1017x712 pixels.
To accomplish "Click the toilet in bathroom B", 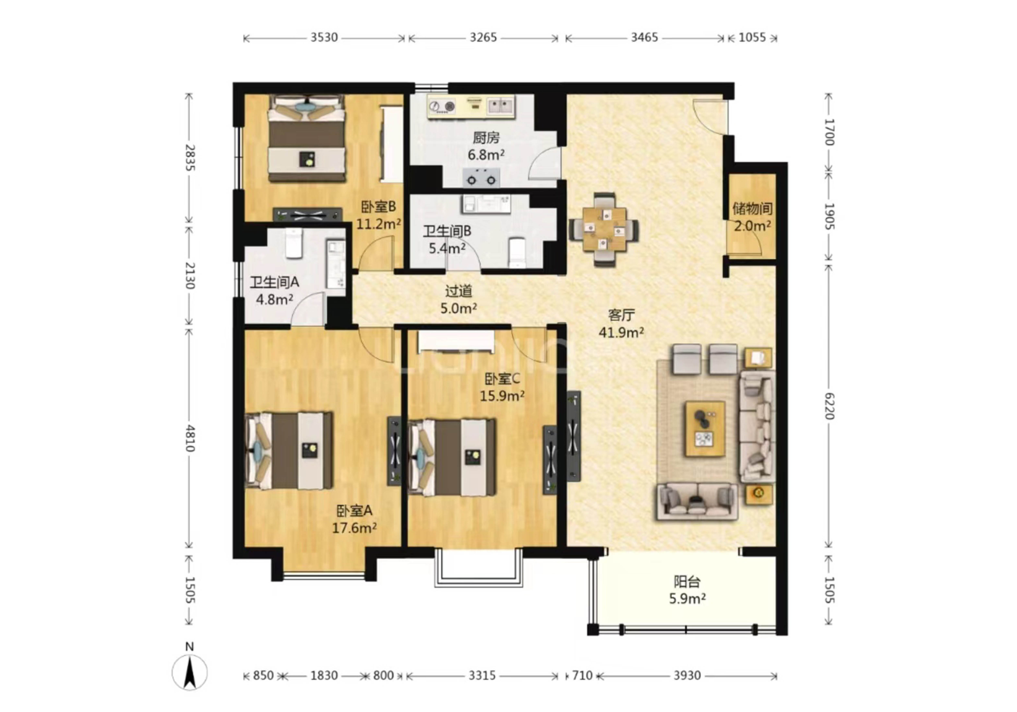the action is pos(517,253).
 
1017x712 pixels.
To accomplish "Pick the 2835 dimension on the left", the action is pos(190,158).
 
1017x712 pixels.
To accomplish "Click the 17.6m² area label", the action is pos(354,528).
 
